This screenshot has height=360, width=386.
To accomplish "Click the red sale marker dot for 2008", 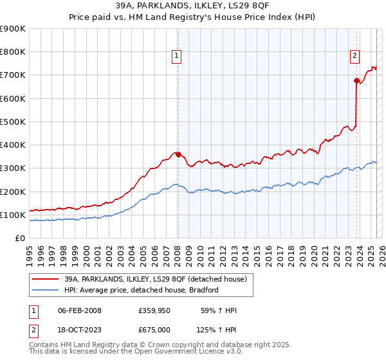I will [x=178, y=154].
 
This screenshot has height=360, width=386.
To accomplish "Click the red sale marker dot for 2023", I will [x=356, y=80].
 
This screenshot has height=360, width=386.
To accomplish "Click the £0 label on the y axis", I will [x=19, y=238].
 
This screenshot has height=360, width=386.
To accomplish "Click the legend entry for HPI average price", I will [x=142, y=290].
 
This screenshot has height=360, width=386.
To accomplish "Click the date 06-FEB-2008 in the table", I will [x=80, y=310].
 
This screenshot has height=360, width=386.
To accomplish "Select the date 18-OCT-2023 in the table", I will [x=80, y=329].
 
